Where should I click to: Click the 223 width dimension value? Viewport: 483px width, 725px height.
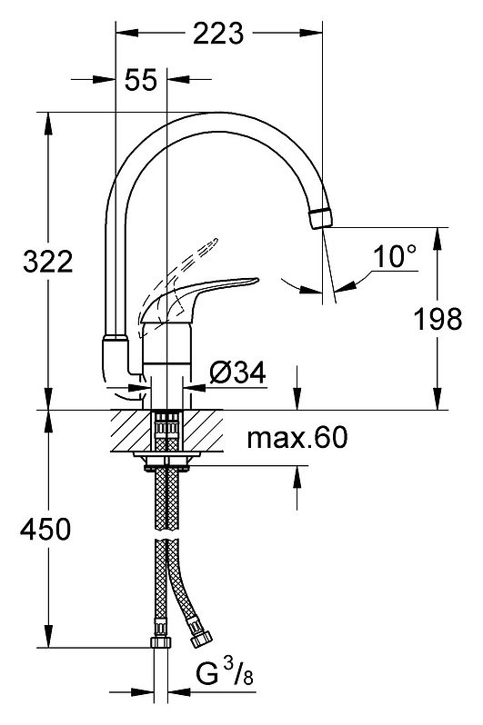(218, 34)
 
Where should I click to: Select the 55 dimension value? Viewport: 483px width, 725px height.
(141, 80)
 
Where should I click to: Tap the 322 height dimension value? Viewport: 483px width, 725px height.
(48, 262)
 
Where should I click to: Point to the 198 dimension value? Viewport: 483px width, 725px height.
(438, 319)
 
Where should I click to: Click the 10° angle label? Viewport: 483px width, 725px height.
(395, 256)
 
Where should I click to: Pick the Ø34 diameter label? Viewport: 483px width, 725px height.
(237, 372)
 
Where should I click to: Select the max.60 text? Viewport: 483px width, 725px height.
(297, 437)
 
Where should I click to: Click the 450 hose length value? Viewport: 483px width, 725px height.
(45, 529)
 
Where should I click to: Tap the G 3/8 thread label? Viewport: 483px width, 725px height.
(225, 673)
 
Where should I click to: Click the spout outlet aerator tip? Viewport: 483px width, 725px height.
(320, 218)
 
